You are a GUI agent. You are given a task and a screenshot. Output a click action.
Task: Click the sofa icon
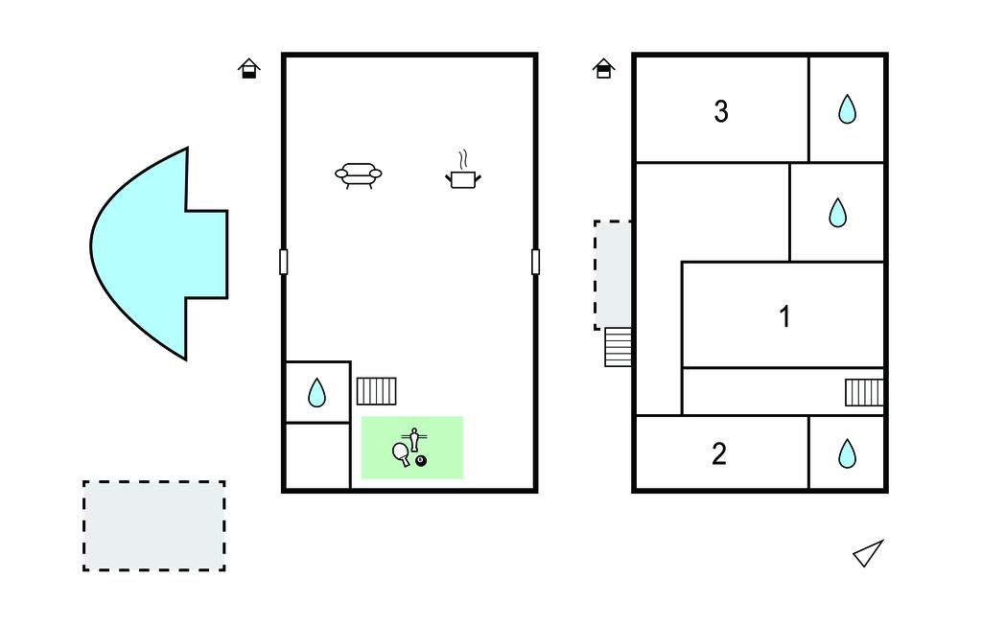point(359,174)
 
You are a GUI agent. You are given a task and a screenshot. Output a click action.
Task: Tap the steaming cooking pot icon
point(463,170)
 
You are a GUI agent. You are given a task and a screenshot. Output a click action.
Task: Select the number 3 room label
point(721,111)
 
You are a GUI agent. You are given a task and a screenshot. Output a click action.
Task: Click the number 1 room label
point(784,316)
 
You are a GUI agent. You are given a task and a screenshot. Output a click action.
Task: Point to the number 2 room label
point(719,454)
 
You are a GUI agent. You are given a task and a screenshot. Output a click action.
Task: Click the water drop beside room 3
point(847,109)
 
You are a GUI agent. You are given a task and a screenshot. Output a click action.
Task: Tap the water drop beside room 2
point(847,453)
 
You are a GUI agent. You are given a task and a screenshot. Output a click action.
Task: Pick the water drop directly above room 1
point(837,212)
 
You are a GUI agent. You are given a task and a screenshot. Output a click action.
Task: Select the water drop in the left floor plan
point(316,393)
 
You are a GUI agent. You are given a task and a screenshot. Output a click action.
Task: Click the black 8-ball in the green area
point(421,461)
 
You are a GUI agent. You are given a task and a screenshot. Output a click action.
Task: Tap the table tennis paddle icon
point(401,453)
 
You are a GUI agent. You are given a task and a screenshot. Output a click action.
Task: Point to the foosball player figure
point(414,439)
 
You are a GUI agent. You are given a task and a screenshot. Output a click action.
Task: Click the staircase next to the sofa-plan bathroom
point(376,391)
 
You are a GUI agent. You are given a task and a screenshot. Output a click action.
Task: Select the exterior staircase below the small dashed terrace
point(619,347)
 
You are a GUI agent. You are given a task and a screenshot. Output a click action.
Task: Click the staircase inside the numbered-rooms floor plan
point(864,393)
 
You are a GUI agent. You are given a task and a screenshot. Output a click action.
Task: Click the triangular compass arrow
point(869,553)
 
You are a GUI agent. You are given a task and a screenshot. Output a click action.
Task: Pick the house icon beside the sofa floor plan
point(249,68)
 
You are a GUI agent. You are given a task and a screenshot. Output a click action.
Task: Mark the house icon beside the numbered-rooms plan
point(604,68)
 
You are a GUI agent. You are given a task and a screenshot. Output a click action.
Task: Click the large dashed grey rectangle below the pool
point(154,526)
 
